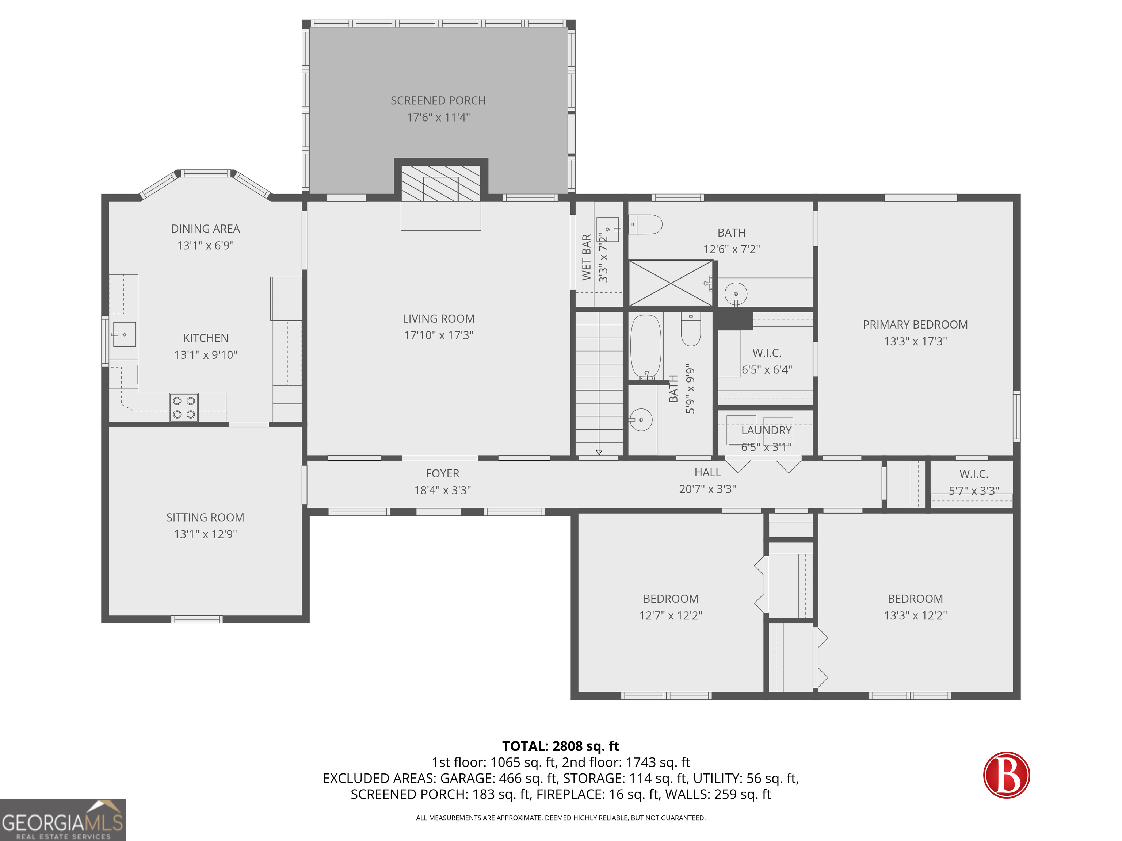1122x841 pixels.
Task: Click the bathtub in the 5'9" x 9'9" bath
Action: click(x=646, y=346)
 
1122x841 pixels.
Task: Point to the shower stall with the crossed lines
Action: click(x=671, y=283)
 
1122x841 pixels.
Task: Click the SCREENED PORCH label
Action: click(x=438, y=101)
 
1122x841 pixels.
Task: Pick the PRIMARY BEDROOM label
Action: click(x=915, y=325)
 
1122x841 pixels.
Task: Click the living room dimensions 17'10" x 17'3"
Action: click(x=438, y=335)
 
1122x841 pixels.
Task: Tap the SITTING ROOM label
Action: click(x=205, y=518)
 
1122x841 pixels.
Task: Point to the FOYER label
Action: click(x=442, y=473)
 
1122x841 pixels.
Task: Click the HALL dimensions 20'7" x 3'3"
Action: click(x=707, y=489)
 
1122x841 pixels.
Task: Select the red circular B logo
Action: click(x=1006, y=775)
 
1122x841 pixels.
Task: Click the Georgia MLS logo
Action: click(x=62, y=820)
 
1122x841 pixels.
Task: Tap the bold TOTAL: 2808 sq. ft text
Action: click(x=561, y=746)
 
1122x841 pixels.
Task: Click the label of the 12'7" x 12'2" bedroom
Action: click(x=671, y=599)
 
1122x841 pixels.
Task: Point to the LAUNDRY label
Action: click(x=766, y=430)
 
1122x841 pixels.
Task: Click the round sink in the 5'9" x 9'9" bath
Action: click(x=641, y=420)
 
